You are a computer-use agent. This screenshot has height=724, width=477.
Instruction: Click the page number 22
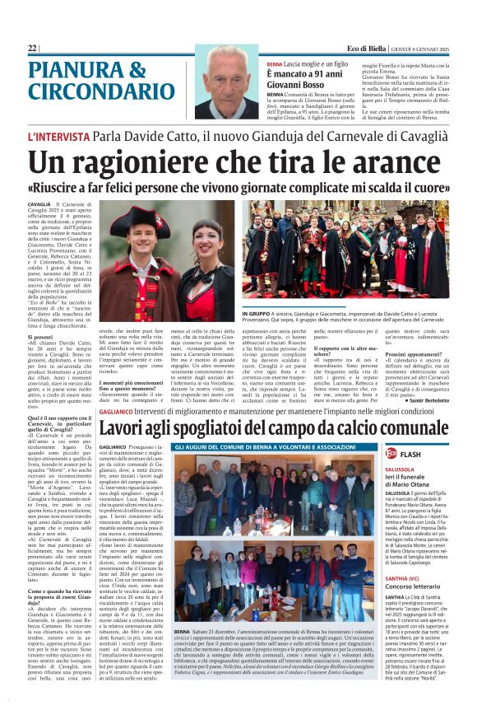(32, 49)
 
